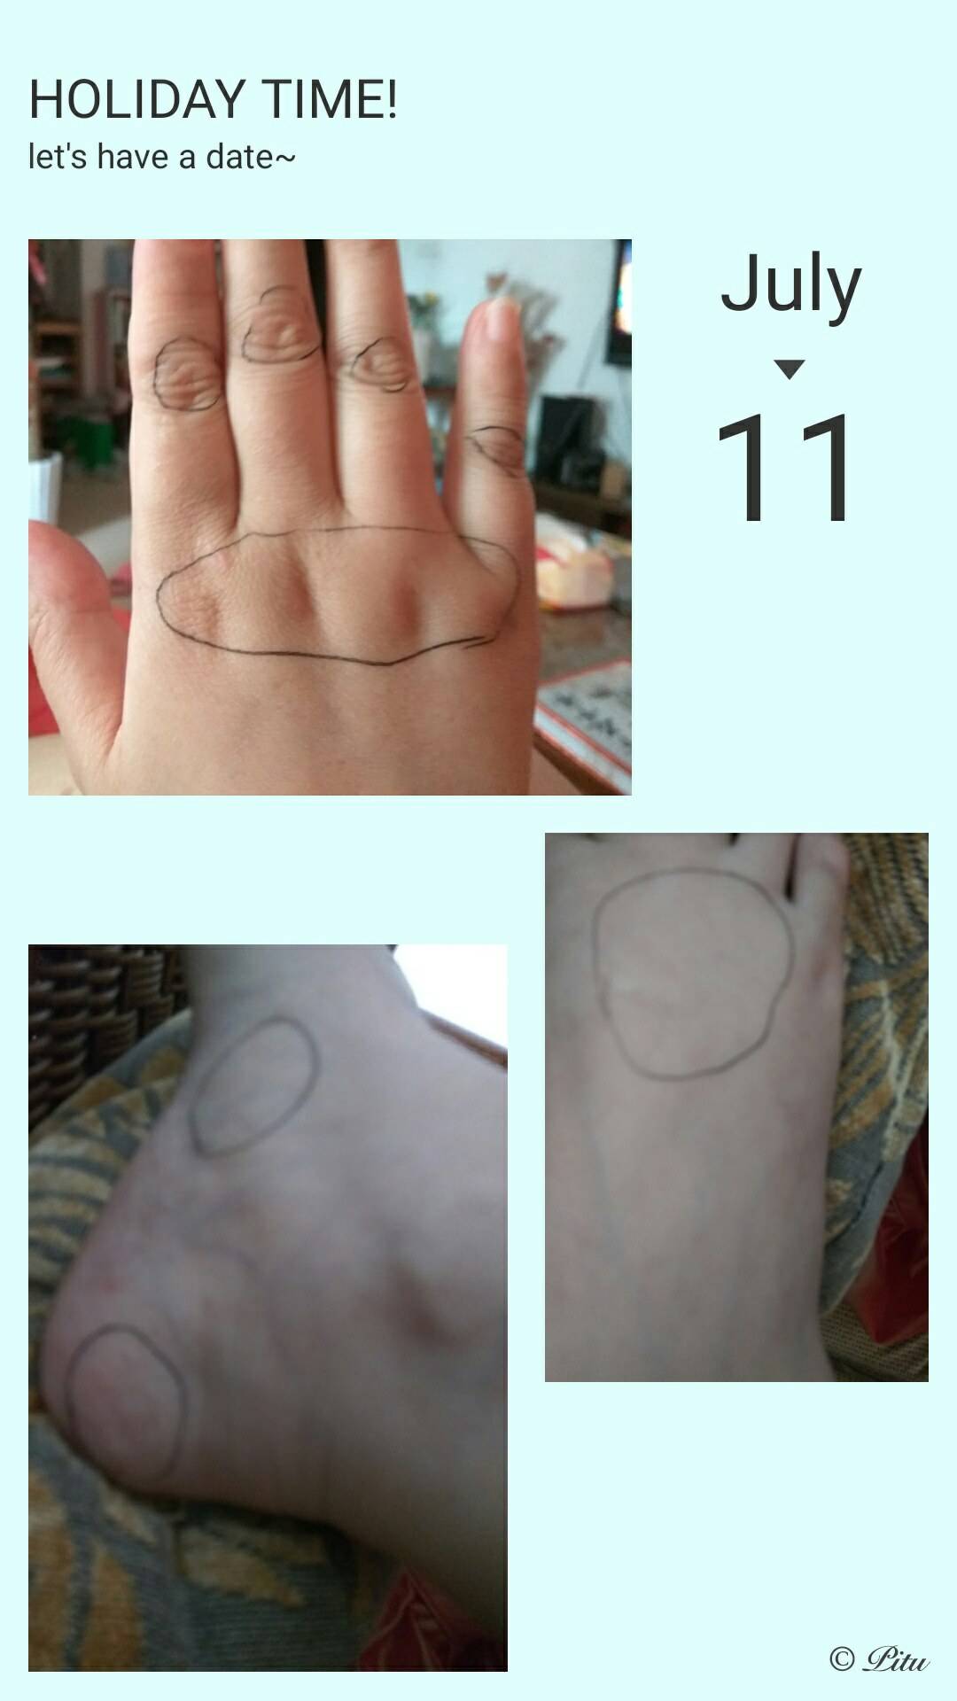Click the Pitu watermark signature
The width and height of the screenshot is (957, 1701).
[x=896, y=1658]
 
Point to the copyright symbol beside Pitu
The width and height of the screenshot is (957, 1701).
[x=842, y=1659]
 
